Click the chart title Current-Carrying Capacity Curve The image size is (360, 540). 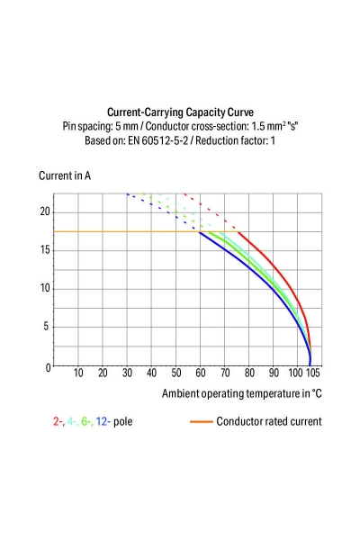180,112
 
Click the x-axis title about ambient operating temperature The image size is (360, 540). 241,393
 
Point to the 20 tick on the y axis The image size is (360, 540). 43,211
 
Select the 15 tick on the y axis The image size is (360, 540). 43,250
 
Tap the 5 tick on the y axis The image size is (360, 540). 46,328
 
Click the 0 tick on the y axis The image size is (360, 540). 46,366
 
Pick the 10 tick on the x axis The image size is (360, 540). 78,373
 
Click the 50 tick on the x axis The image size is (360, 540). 175,373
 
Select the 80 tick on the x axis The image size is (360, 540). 247,373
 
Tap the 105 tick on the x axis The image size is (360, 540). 312,373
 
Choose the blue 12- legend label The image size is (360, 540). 103,420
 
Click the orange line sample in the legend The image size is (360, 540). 201,421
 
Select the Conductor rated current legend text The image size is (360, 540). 268,420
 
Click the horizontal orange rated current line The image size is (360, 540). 117,232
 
